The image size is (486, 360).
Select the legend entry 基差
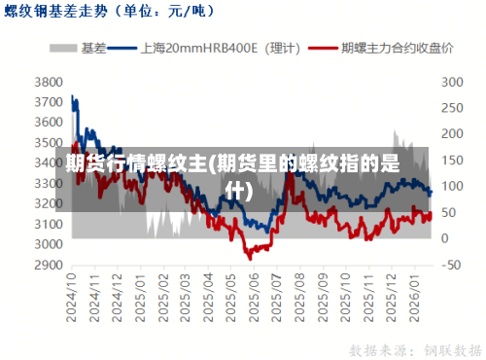tap(82, 47)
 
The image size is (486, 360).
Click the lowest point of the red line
tap(249, 258)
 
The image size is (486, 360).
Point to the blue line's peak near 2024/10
tap(73, 95)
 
